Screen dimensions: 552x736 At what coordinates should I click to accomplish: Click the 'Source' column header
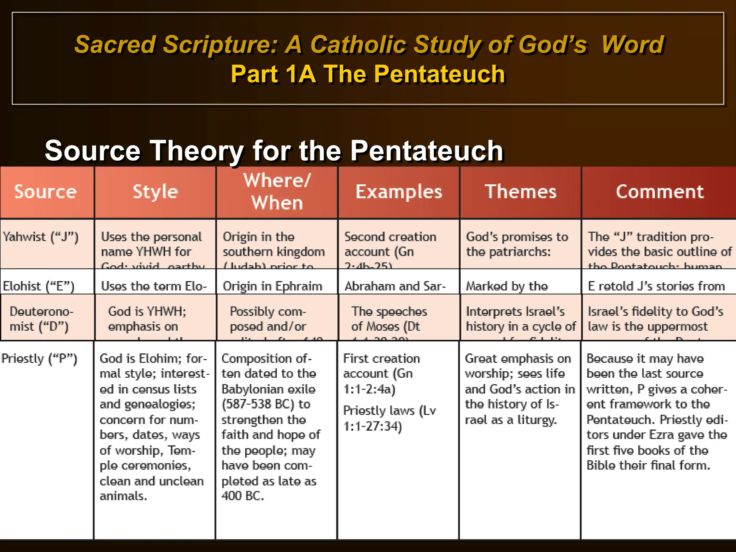coord(46,192)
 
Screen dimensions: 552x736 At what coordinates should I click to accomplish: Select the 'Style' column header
coord(155,192)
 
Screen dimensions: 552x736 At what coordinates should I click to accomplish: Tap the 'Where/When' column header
coord(277,192)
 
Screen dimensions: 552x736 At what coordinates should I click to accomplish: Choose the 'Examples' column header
coord(399,192)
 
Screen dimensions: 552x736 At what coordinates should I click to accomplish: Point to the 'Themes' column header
coord(520,192)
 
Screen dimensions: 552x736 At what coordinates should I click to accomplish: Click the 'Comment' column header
coord(659,192)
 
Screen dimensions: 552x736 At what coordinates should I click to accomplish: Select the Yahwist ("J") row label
coord(41,237)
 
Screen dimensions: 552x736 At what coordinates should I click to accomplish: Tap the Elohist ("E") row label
coord(39,286)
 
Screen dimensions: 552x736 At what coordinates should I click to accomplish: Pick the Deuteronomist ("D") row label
coord(41,319)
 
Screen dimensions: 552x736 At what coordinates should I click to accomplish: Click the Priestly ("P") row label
coord(40,359)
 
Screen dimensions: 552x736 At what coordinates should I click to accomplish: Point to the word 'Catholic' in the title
coord(359,45)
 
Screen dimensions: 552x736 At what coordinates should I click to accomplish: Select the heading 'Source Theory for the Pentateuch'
coord(274,150)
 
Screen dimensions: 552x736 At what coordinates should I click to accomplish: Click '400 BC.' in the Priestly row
coord(243,496)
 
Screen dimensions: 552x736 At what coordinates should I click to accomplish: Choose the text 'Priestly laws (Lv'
coord(390,410)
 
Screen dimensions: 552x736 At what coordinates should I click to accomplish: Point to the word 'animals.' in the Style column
coord(123,496)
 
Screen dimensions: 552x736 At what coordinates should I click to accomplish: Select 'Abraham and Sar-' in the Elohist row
coord(395,286)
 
